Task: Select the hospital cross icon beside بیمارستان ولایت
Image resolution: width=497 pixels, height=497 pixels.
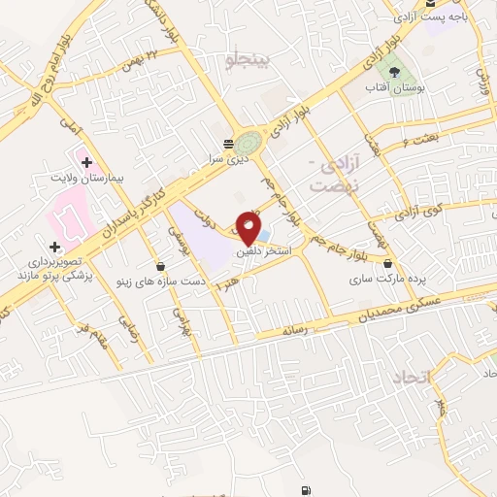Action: (86, 162)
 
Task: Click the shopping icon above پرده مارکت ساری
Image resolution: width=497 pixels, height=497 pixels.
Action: (388, 263)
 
